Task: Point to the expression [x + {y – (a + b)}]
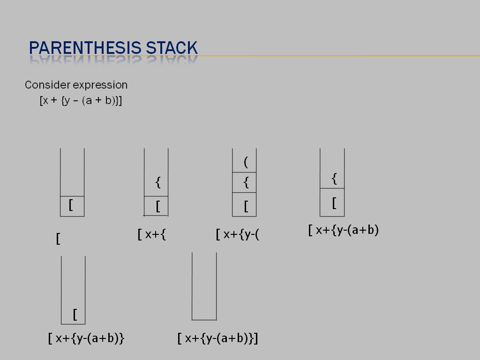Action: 81,100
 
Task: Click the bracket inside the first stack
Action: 71,205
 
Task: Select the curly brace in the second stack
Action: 158,182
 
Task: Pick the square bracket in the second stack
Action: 158,206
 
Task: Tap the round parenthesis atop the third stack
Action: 246,162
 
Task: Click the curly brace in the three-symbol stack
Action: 246,182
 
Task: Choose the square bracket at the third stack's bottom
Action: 246,206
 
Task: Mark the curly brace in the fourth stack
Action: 334,178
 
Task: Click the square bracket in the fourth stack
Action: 334,203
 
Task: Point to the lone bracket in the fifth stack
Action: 75,314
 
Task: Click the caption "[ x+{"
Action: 152,234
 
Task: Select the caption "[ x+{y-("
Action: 238,234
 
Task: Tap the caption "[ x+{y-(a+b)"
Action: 344,230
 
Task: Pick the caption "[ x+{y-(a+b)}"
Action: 86,338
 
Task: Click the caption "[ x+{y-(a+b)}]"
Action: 218,338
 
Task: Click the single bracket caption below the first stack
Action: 58,239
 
